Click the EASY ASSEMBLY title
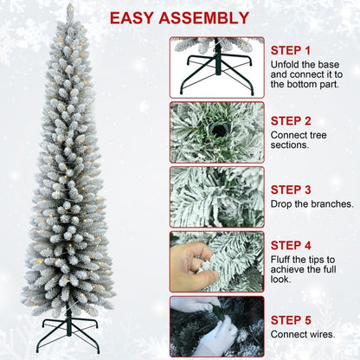click(179, 17)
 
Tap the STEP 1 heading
click(290, 50)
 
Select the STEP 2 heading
click(291, 120)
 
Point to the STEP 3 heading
click(291, 189)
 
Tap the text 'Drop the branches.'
click(312, 204)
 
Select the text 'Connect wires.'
click(302, 335)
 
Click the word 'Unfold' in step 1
click(286, 65)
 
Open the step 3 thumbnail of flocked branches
click(216, 197)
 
